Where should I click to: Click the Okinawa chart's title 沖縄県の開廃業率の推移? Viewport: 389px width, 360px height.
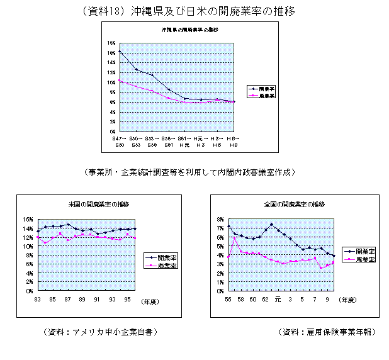point(189,30)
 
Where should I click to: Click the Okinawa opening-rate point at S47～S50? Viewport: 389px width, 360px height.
point(120,52)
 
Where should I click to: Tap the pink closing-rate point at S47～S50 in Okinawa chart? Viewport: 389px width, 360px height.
point(120,80)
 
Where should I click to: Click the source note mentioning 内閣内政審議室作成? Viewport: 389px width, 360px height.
point(188,171)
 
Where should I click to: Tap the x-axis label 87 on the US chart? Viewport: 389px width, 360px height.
point(67,300)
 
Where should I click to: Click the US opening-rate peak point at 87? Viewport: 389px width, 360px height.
point(68,224)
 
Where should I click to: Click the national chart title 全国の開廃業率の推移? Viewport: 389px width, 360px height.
point(295,205)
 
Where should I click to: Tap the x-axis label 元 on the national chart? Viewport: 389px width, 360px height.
point(278,300)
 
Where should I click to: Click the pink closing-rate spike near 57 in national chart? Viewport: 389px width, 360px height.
point(235,237)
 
